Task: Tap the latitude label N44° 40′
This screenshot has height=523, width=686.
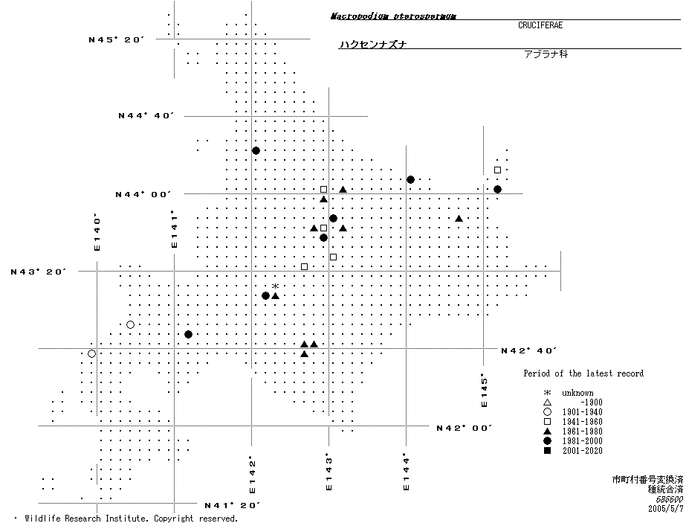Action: tap(146, 115)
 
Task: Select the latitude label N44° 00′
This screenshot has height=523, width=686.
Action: tap(143, 194)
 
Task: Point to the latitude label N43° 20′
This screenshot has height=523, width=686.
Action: tap(39, 272)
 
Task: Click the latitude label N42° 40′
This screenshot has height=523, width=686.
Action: tap(529, 350)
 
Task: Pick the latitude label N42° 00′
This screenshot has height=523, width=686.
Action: tap(465, 428)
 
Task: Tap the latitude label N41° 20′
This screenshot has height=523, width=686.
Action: tap(233, 505)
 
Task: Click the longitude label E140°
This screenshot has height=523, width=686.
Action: tap(97, 233)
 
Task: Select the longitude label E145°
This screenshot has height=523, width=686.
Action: tap(484, 390)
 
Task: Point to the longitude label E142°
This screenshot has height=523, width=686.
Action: tap(252, 475)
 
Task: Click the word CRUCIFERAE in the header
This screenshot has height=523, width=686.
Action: tap(540, 25)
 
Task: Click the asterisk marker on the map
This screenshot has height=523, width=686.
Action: tap(275, 286)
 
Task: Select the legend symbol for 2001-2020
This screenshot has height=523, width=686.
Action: tap(547, 451)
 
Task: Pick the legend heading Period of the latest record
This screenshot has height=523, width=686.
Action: tap(583, 373)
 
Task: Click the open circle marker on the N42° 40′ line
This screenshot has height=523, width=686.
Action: tap(91, 353)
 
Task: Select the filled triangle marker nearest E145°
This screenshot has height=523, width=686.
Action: tap(459, 219)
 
